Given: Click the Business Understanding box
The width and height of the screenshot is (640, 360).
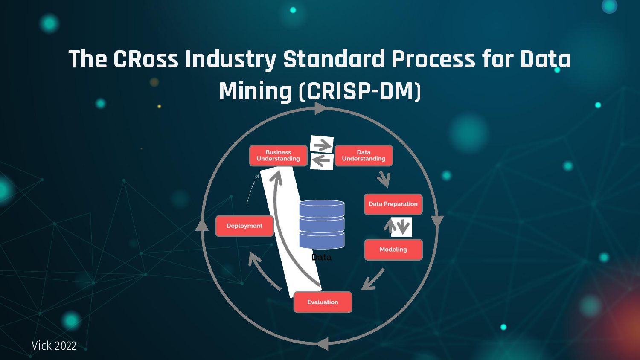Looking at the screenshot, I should (278, 156).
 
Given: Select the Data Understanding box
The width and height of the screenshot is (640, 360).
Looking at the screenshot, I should (364, 156).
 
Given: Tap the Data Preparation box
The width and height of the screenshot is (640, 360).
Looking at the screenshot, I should (393, 204).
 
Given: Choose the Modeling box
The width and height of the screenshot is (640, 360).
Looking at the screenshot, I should (393, 250).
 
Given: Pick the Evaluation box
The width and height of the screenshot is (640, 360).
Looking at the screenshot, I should (323, 302).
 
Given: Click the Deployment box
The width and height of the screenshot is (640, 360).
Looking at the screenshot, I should (244, 226).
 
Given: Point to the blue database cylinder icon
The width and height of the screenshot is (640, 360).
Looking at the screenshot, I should (322, 224).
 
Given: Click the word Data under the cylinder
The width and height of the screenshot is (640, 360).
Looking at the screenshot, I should (321, 257).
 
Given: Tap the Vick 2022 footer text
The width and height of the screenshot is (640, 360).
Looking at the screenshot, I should (54, 345).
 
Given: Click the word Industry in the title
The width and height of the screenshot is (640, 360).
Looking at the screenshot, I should (230, 59).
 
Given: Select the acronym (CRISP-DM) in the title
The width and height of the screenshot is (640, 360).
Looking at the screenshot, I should (360, 91).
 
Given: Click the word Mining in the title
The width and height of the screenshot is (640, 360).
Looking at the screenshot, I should (255, 91).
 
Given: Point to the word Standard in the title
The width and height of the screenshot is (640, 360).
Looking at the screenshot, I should (334, 59).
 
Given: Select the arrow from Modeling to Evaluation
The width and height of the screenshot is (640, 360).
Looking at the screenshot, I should (372, 280).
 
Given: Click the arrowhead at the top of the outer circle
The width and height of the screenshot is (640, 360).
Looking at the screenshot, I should (320, 108).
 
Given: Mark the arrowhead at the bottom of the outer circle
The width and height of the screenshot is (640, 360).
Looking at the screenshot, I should (323, 343).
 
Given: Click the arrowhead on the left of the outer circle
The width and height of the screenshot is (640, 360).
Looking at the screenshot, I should (202, 224).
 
